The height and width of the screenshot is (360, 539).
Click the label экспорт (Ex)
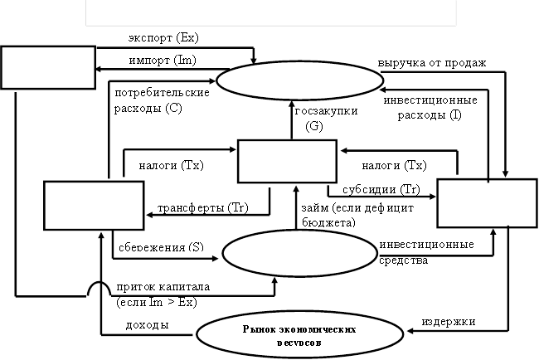[163, 38]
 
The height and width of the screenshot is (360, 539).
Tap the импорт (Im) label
[162, 61]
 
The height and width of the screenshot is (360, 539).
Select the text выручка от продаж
[431, 62]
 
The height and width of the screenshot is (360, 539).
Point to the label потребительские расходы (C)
[162, 100]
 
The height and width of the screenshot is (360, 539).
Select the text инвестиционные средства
[426, 252]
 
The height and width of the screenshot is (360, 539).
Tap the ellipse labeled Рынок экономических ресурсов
[300, 334]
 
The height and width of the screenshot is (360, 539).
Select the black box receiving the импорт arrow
[48, 66]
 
